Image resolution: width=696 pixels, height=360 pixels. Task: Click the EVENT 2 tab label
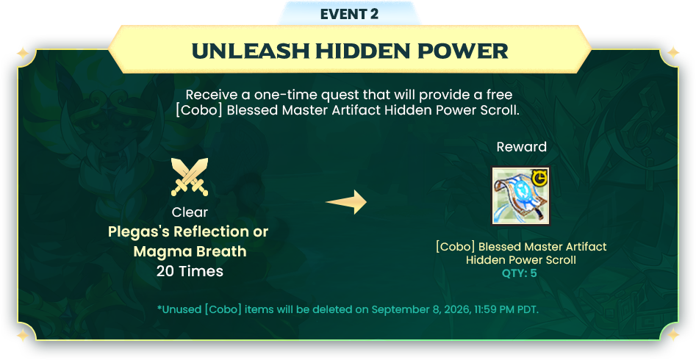coord(349,14)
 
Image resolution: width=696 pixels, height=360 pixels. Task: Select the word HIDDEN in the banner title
coord(362,51)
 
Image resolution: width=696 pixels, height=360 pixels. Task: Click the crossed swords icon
coord(190,176)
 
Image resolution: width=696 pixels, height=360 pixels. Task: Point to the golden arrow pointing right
coord(346,202)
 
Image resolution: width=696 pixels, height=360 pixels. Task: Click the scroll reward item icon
coord(520,195)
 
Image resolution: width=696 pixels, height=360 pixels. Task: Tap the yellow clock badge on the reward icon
coord(539,178)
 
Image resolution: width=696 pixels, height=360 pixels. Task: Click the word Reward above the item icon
coord(522,147)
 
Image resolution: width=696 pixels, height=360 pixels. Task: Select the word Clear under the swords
coord(190,212)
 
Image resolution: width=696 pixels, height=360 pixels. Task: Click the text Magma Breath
coord(190,251)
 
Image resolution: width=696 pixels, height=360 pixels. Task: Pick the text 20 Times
coord(190,271)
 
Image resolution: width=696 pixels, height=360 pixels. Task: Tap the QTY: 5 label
coord(520,273)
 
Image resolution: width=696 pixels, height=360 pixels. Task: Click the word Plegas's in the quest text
coord(138,231)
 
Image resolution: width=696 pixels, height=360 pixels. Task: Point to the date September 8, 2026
coord(421,309)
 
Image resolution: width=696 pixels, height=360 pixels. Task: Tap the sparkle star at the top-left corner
coord(22,54)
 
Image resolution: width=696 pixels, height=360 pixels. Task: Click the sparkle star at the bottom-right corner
coord(673,334)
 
